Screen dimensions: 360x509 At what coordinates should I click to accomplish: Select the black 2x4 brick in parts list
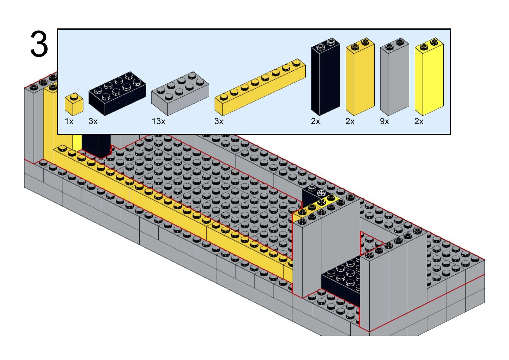[117, 93]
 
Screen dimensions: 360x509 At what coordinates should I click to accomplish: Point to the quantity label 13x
[159, 122]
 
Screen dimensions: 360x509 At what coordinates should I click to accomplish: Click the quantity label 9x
[384, 122]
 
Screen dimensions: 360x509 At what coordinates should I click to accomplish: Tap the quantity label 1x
[69, 122]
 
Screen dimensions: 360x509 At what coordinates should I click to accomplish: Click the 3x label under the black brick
[93, 122]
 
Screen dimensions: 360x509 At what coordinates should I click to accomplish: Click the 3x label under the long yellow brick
[219, 122]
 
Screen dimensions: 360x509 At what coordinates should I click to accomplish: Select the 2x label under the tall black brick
[315, 122]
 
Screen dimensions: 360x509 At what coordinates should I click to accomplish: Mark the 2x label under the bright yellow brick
[419, 122]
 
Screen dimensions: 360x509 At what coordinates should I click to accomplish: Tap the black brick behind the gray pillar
[313, 195]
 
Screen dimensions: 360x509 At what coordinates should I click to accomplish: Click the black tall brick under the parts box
[96, 145]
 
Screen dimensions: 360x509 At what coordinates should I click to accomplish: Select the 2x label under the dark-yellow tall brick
[350, 122]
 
